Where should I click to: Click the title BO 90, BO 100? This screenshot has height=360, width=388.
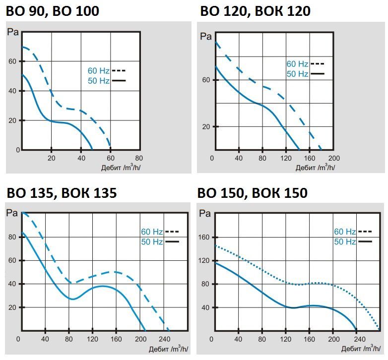pyautogui.click(x=52, y=10)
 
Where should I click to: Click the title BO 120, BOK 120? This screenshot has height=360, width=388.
pyautogui.click(x=256, y=10)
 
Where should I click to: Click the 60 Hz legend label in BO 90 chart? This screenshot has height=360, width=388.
pyautogui.click(x=98, y=70)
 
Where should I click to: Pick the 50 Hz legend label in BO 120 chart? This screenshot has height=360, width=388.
pyautogui.click(x=297, y=74)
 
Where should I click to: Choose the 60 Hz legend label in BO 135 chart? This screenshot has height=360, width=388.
pyautogui.click(x=152, y=232)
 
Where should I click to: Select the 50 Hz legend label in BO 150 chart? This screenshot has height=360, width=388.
pyautogui.click(x=345, y=242)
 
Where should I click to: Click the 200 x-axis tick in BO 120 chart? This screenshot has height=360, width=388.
pyautogui.click(x=334, y=158)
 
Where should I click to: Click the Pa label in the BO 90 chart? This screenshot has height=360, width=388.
pyautogui.click(x=13, y=34)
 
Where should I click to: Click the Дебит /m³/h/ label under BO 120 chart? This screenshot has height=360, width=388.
pyautogui.click(x=315, y=167)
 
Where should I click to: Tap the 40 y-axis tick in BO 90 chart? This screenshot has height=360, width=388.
pyautogui.click(x=14, y=91)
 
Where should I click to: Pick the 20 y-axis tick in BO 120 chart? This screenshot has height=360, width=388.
pyautogui.click(x=205, y=126)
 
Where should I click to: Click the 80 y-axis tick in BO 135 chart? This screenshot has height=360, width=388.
pyautogui.click(x=12, y=237)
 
